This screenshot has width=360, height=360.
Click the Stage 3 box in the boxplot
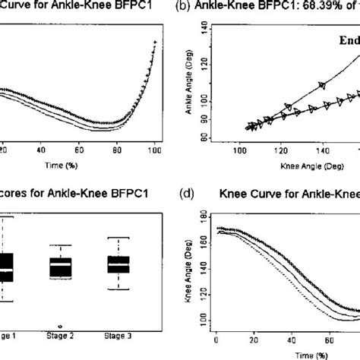tap(118, 265)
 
